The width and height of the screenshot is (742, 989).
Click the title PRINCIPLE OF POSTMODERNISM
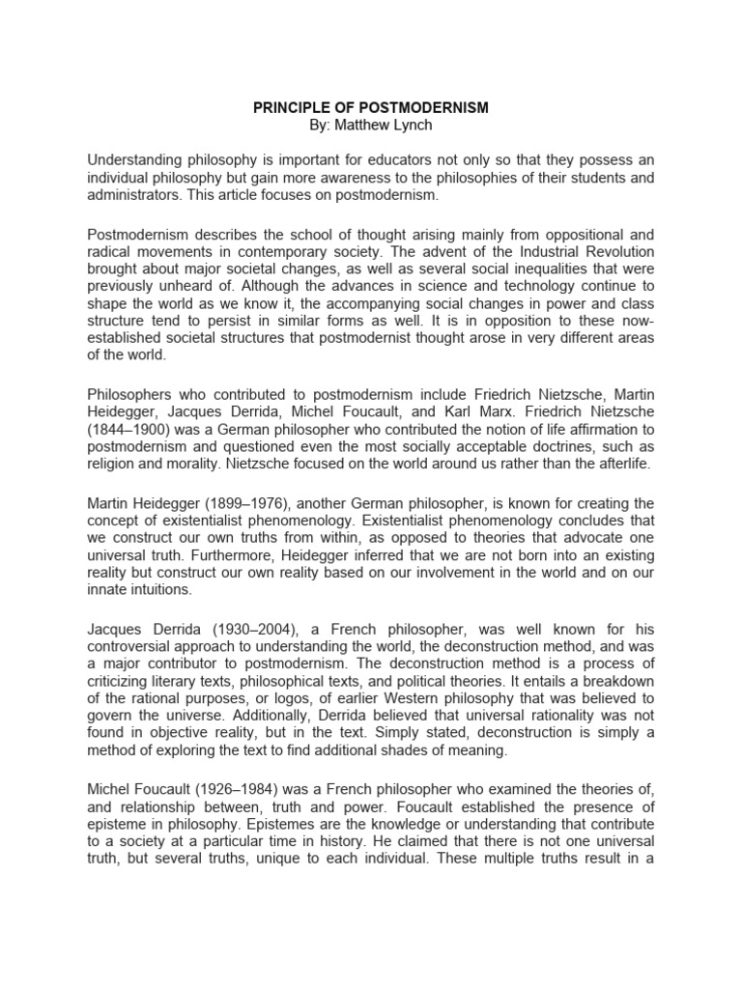[x=371, y=108]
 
